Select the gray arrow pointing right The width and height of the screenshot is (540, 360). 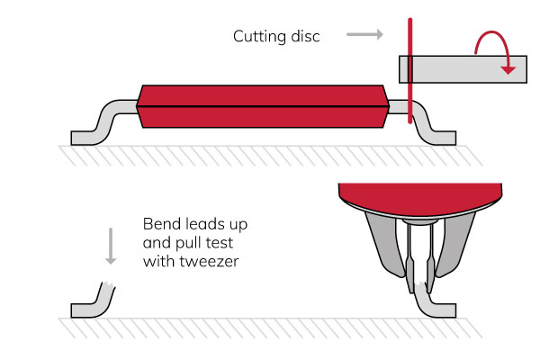point(364,35)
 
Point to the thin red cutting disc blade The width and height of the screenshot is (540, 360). point(410,90)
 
